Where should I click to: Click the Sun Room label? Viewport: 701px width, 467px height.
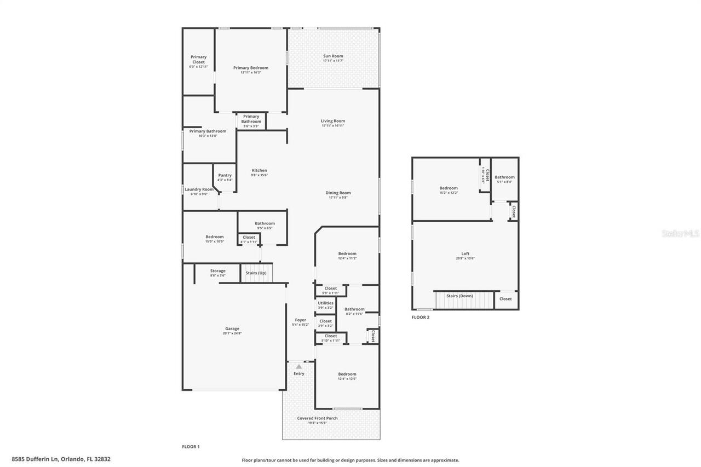[333, 56]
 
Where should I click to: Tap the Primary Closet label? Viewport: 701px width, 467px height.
[198, 60]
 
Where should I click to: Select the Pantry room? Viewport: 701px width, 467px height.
[225, 177]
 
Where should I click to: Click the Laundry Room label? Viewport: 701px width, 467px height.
[199, 189]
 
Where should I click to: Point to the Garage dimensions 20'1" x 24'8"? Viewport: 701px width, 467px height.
[232, 333]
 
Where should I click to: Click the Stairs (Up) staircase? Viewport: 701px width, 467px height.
[256, 273]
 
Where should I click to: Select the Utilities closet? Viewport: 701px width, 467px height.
[325, 305]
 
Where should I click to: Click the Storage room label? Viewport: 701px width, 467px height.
[217, 271]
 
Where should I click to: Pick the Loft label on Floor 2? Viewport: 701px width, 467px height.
[465, 253]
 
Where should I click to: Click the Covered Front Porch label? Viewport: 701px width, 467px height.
[317, 418]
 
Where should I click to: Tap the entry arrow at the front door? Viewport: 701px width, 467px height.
[298, 366]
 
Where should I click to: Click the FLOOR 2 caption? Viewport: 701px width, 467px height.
[421, 317]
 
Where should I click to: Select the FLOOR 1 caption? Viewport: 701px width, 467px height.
[191, 447]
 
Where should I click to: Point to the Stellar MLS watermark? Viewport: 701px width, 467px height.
[680, 234]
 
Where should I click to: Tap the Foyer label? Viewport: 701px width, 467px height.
[301, 320]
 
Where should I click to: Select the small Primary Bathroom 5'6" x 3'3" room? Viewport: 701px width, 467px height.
[251, 121]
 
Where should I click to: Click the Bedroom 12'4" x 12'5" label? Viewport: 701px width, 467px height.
[347, 374]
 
